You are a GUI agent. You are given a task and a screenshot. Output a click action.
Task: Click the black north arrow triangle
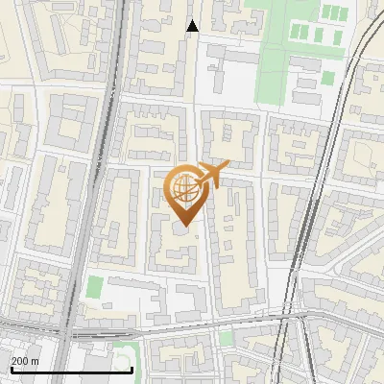click(x=193, y=26)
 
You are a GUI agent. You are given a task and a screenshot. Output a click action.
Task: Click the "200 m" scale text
click(x=25, y=361)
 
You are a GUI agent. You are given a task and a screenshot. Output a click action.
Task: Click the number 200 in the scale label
click(x=20, y=361)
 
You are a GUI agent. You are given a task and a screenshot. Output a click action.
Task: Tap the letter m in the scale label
click(x=36, y=361)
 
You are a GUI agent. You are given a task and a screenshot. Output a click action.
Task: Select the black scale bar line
click(x=71, y=370)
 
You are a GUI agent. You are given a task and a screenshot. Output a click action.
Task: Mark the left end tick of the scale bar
click(x=12, y=368)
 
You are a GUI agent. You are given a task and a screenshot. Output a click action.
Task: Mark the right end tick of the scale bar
click(x=132, y=368)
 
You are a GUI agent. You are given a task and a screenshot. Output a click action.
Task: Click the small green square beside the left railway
click(x=94, y=287)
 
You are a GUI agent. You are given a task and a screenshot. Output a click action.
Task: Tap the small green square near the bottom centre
click(x=226, y=338)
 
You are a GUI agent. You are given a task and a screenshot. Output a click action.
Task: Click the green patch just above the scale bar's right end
click(x=123, y=349)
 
